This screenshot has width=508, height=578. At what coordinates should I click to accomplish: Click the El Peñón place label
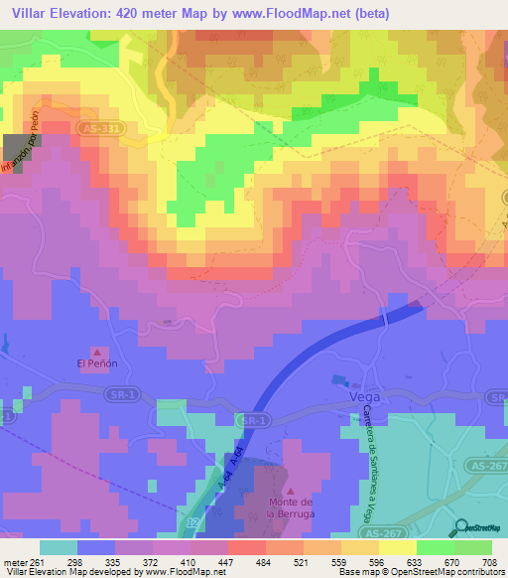98,364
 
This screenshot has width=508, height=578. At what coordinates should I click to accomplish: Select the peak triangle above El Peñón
98,352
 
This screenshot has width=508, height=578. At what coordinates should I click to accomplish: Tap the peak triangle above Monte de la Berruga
290,491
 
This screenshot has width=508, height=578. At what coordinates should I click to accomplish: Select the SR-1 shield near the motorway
256,422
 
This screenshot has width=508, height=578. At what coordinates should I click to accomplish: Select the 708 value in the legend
489,561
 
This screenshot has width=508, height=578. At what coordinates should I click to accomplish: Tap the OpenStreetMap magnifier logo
462,527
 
